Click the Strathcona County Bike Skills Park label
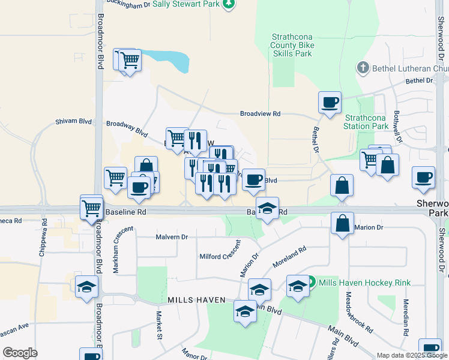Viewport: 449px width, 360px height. (292, 45)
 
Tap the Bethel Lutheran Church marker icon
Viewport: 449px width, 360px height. (362, 68)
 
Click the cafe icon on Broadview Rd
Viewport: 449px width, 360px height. (329, 102)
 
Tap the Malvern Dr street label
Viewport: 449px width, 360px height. (172, 237)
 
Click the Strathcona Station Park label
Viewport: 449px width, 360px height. (366, 122)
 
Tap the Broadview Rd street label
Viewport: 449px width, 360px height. (260, 113)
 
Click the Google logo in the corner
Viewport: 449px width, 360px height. (20, 353)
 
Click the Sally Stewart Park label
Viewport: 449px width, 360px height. (185, 4)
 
